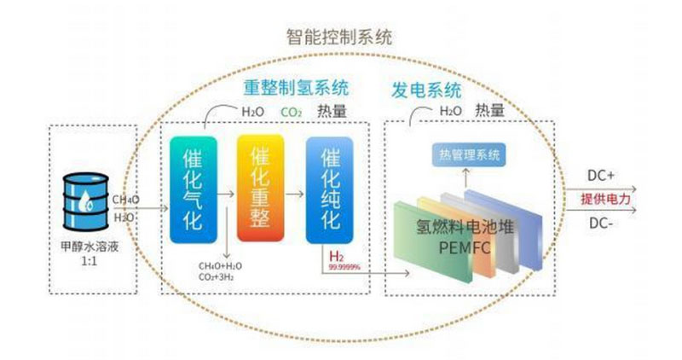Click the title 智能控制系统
[339, 37]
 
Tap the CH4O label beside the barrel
[126, 200]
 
